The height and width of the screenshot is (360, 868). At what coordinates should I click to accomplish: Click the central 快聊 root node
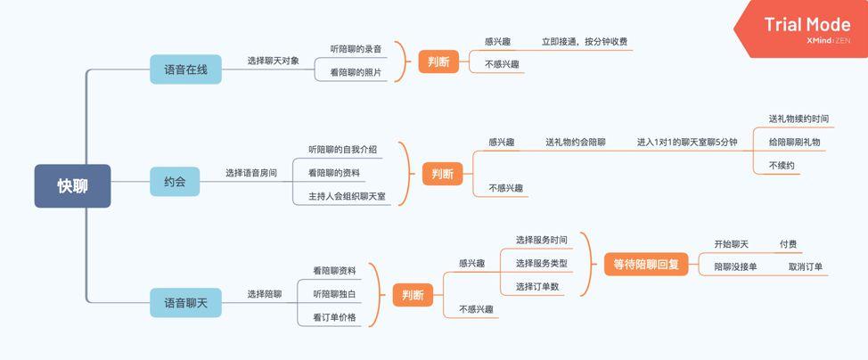(72, 186)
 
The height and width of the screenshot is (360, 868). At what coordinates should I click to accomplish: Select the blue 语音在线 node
(185, 69)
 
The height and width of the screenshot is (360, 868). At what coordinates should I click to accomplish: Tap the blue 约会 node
(175, 182)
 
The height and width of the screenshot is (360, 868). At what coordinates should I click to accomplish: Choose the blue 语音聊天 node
(185, 303)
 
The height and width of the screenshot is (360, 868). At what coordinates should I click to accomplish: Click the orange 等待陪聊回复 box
(646, 264)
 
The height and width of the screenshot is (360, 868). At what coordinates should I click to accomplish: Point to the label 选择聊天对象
(274, 61)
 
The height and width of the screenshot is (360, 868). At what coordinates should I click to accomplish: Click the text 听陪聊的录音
(356, 48)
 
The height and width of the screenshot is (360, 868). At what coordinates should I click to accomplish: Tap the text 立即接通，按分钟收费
(584, 41)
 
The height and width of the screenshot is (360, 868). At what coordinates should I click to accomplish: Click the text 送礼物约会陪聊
(575, 142)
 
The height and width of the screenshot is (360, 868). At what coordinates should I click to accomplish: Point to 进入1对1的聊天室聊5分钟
(686, 142)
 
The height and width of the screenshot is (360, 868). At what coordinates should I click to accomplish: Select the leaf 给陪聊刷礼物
(794, 142)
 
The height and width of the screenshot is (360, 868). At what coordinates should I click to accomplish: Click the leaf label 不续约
(782, 166)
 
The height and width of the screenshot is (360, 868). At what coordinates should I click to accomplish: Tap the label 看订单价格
(334, 317)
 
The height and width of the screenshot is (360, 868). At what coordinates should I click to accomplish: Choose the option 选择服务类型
(541, 264)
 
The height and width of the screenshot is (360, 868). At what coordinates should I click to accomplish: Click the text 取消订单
(806, 266)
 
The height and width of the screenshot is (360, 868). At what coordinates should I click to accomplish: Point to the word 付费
(788, 243)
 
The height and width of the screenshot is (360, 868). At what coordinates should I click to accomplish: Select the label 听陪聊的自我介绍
(342, 149)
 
